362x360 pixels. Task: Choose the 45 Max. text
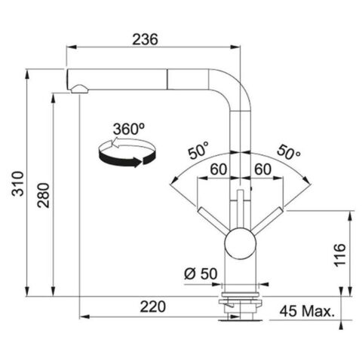click(x=305, y=309)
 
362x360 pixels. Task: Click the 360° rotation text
click(x=129, y=129)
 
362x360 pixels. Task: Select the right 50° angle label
click(x=288, y=150)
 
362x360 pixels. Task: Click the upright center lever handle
click(x=241, y=207)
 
